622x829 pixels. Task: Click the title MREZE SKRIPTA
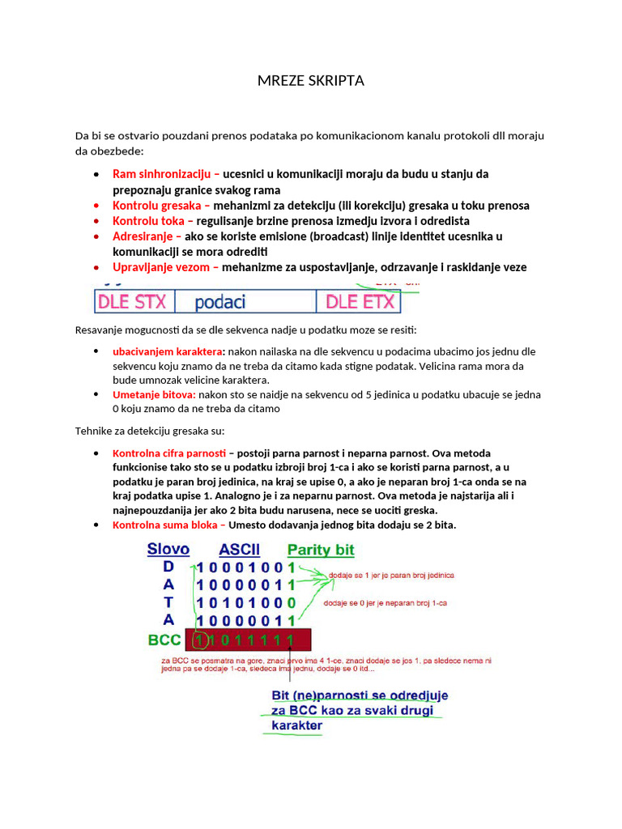click(311, 81)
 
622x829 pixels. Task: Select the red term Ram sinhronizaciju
click(161, 174)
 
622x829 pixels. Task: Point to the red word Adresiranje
click(147, 236)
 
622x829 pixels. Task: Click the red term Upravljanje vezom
click(165, 267)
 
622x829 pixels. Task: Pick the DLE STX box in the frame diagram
click(132, 302)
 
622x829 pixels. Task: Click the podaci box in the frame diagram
click(220, 302)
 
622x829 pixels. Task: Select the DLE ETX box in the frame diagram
click(360, 302)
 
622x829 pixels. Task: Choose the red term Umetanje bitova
click(154, 395)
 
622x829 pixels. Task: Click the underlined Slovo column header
click(168, 550)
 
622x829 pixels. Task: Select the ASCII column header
click(239, 551)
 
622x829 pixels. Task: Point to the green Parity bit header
click(321, 551)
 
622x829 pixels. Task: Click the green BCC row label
click(164, 640)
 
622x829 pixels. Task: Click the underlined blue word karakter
click(296, 725)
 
